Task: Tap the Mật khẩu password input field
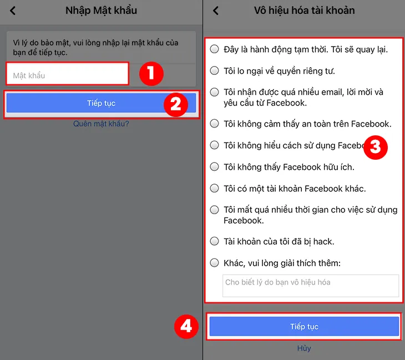click(x=67, y=75)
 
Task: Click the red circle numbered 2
click(x=175, y=104)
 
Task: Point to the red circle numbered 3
click(x=374, y=146)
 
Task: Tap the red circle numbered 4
click(x=186, y=326)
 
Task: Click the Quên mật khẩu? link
click(x=101, y=124)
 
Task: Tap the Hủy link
click(x=304, y=348)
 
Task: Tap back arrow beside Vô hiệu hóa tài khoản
click(x=216, y=11)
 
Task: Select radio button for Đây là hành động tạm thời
click(x=215, y=49)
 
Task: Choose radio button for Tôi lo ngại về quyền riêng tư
click(x=215, y=70)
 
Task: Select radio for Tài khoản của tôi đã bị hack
click(x=215, y=241)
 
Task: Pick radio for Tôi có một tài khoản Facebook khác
click(x=215, y=188)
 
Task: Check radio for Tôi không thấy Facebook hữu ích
click(x=215, y=166)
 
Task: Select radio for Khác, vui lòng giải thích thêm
click(x=215, y=262)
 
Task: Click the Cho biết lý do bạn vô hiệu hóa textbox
click(x=310, y=286)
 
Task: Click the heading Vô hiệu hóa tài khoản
click(x=304, y=11)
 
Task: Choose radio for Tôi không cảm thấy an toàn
click(x=215, y=124)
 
